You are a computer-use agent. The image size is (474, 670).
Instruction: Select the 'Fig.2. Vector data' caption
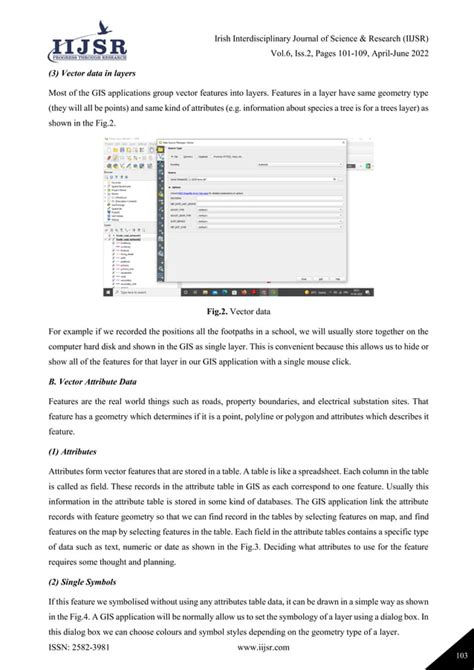tap(237, 311)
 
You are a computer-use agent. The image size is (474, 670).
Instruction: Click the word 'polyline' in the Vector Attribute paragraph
tap(269, 417)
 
